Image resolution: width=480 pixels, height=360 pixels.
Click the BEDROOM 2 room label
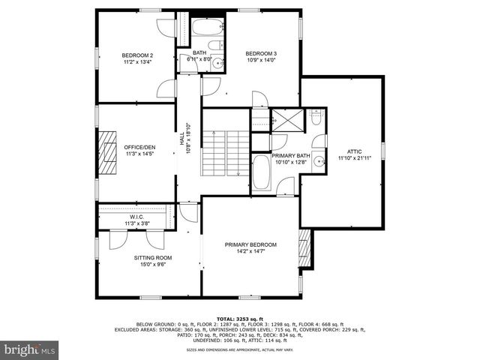coord(137,55)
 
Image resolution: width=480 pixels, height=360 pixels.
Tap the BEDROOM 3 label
coord(261,53)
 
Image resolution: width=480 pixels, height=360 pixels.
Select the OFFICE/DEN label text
coord(139,147)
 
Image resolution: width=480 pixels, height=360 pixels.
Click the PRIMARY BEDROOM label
coord(251,244)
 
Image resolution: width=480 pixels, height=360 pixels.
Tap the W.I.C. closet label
coord(136,217)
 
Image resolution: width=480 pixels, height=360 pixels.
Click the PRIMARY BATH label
coord(291,155)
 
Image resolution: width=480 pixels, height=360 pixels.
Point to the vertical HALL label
coord(181,139)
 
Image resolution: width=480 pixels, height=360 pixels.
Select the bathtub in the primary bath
coord(262,172)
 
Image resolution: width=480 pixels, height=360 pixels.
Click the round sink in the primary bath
coord(319,160)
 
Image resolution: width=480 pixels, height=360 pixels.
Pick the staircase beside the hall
coord(225,153)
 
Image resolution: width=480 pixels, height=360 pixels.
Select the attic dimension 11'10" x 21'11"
coord(354,158)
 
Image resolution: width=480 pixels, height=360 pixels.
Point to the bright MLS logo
coord(30,349)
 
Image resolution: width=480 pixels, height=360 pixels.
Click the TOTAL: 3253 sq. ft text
coord(239,318)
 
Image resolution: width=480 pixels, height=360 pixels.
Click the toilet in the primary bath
coord(316,118)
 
